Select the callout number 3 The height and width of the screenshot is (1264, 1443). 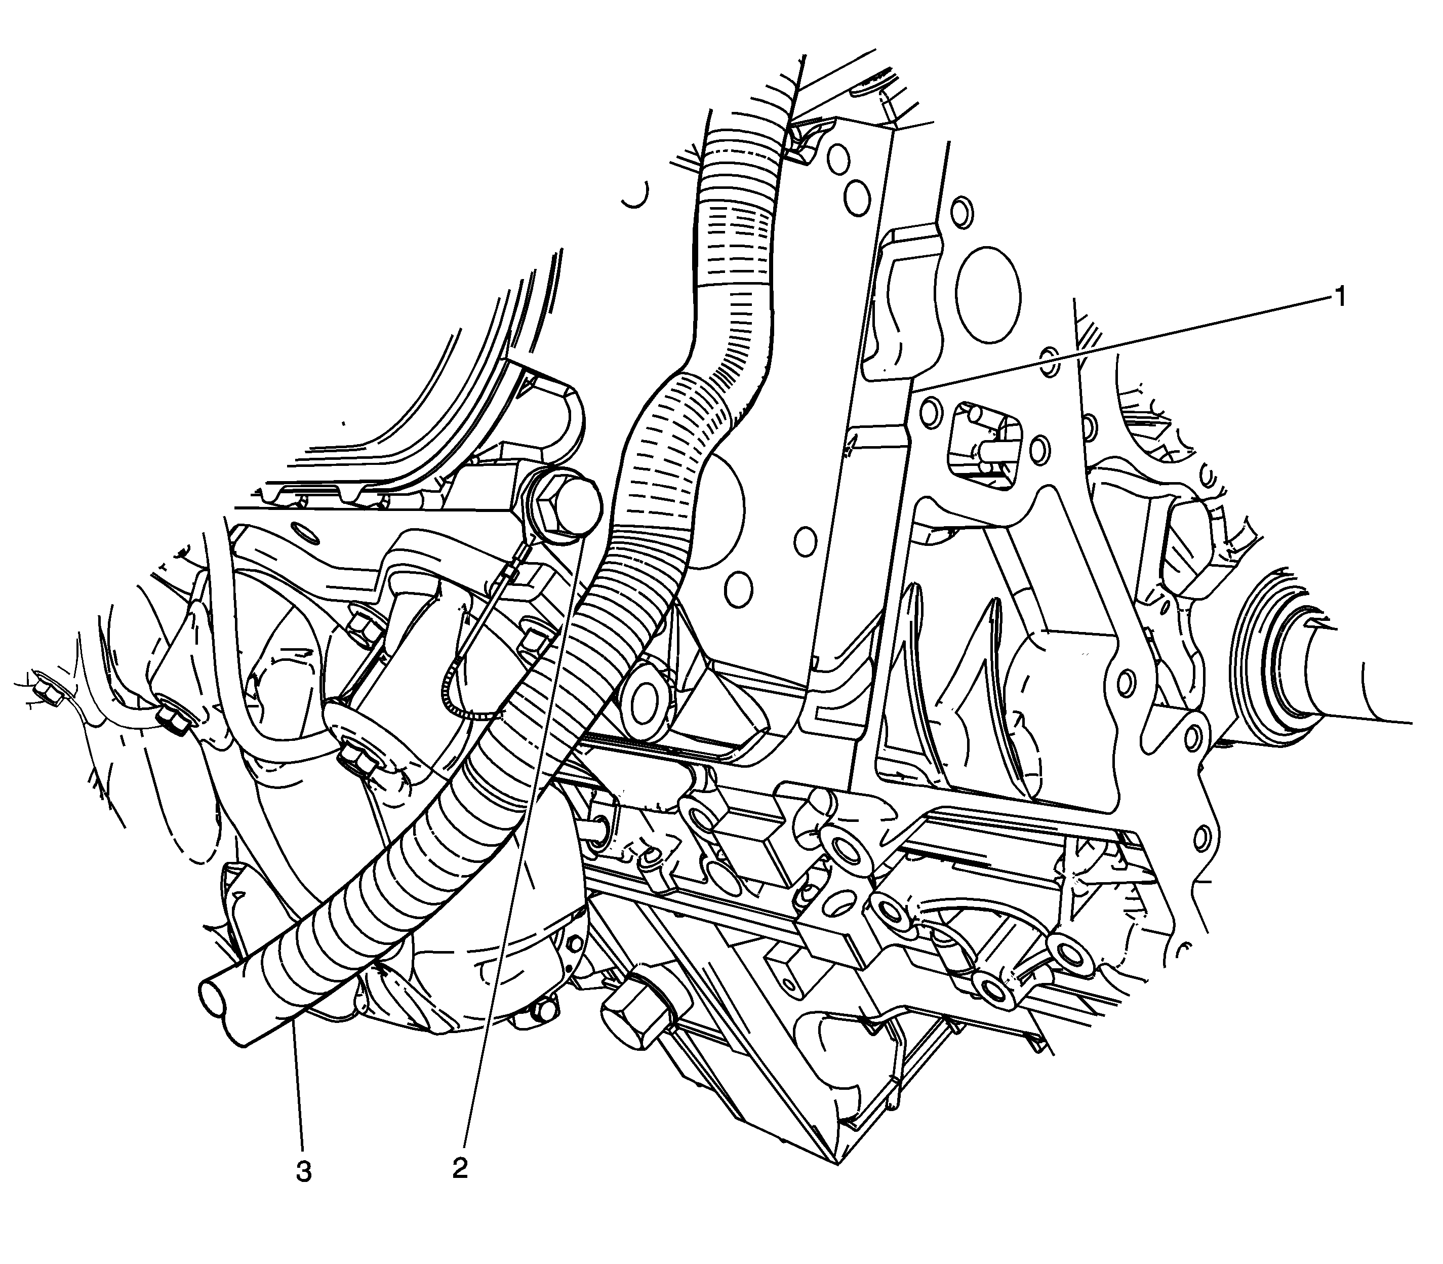(303, 1172)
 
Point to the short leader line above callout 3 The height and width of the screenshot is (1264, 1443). (299, 1086)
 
